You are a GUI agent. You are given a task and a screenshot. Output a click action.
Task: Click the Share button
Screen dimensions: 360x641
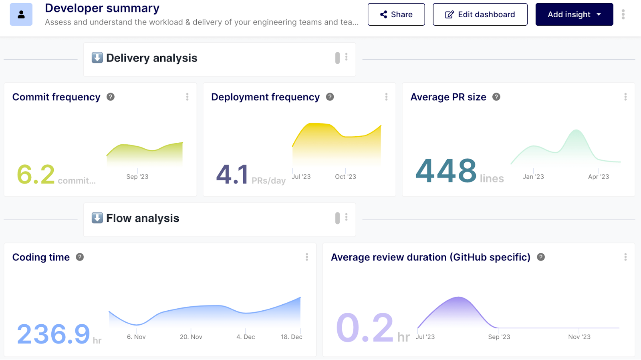point(396,14)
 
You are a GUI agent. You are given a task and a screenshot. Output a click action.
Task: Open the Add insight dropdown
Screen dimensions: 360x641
point(574,14)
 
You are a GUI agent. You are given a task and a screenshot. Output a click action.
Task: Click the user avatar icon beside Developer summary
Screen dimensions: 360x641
point(21,14)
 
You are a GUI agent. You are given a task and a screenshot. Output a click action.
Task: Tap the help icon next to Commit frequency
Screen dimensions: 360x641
point(111,97)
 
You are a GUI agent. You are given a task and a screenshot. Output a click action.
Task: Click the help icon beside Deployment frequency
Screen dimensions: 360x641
point(330,97)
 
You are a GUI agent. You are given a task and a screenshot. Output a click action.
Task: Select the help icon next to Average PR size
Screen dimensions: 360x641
point(496,97)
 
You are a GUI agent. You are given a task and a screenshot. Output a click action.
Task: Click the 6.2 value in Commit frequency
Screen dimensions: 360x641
point(36,175)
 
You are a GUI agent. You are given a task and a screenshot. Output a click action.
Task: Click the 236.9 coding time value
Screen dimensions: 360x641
point(53,334)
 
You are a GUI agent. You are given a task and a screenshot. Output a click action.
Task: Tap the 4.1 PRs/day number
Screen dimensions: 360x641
point(232,175)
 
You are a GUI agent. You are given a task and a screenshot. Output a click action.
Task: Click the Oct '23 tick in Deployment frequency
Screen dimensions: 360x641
point(345,177)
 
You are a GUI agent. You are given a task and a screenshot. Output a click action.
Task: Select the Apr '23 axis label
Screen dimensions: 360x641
point(598,177)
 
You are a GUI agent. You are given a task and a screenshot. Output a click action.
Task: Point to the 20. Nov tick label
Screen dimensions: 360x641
point(191,337)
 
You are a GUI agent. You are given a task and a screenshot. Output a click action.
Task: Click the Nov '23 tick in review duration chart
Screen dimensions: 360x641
point(579,337)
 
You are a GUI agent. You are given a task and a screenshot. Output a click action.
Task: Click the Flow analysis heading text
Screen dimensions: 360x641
point(143,218)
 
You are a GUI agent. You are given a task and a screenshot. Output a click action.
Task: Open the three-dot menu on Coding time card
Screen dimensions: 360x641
point(307,257)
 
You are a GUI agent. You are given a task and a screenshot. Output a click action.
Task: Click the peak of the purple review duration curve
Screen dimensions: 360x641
point(458,297)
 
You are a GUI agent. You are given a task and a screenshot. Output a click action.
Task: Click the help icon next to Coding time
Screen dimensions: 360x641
point(80,257)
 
